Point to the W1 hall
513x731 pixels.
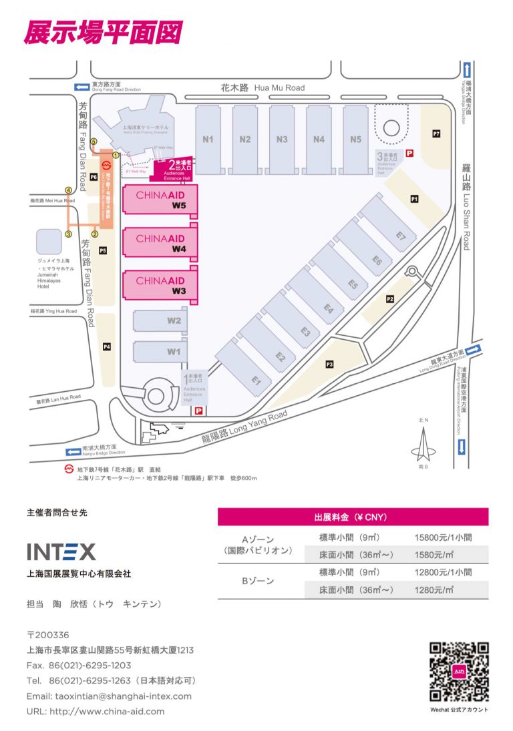pyautogui.click(x=161, y=350)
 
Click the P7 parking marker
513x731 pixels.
pyautogui.click(x=436, y=134)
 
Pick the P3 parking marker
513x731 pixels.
pyautogui.click(x=329, y=364)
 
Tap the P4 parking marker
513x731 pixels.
pyautogui.click(x=106, y=346)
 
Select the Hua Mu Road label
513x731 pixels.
pyautogui.click(x=263, y=87)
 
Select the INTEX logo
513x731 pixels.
pyautogui.click(x=61, y=551)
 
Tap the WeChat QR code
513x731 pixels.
pyautogui.click(x=459, y=672)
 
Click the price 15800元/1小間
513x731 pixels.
pyautogui.click(x=443, y=537)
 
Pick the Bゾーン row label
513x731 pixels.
pyautogui.click(x=257, y=581)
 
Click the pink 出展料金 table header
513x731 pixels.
pyautogui.click(x=352, y=517)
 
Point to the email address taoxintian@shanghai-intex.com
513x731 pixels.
pyautogui.click(x=109, y=696)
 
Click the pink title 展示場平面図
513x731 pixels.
pyautogui.click(x=102, y=32)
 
